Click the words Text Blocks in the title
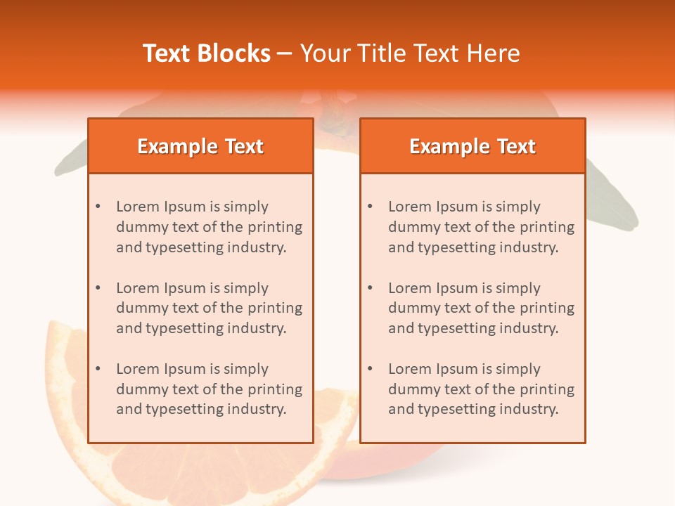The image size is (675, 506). point(207,53)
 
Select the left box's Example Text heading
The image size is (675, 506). point(200,146)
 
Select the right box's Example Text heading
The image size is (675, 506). point(472,146)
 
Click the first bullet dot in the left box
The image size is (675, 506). point(98,207)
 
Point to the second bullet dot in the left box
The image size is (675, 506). point(98,288)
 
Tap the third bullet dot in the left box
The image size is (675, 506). point(98,369)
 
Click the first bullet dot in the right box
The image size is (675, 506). point(370,207)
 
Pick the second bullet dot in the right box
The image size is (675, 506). point(370,288)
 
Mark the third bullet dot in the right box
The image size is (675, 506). point(370,369)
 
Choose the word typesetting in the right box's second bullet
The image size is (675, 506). point(456,328)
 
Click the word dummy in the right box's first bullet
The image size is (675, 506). point(412,227)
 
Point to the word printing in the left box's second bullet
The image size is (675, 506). point(274,308)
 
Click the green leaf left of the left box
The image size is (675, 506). point(70,162)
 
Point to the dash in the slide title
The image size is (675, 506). point(285,53)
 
